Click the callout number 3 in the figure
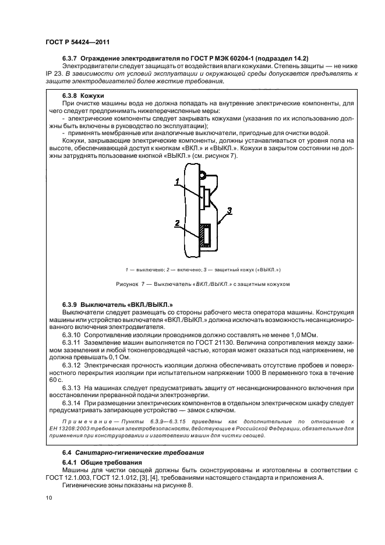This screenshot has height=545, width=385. (231, 210)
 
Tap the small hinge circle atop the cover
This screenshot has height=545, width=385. (201, 174)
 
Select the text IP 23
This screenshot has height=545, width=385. (54, 74)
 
